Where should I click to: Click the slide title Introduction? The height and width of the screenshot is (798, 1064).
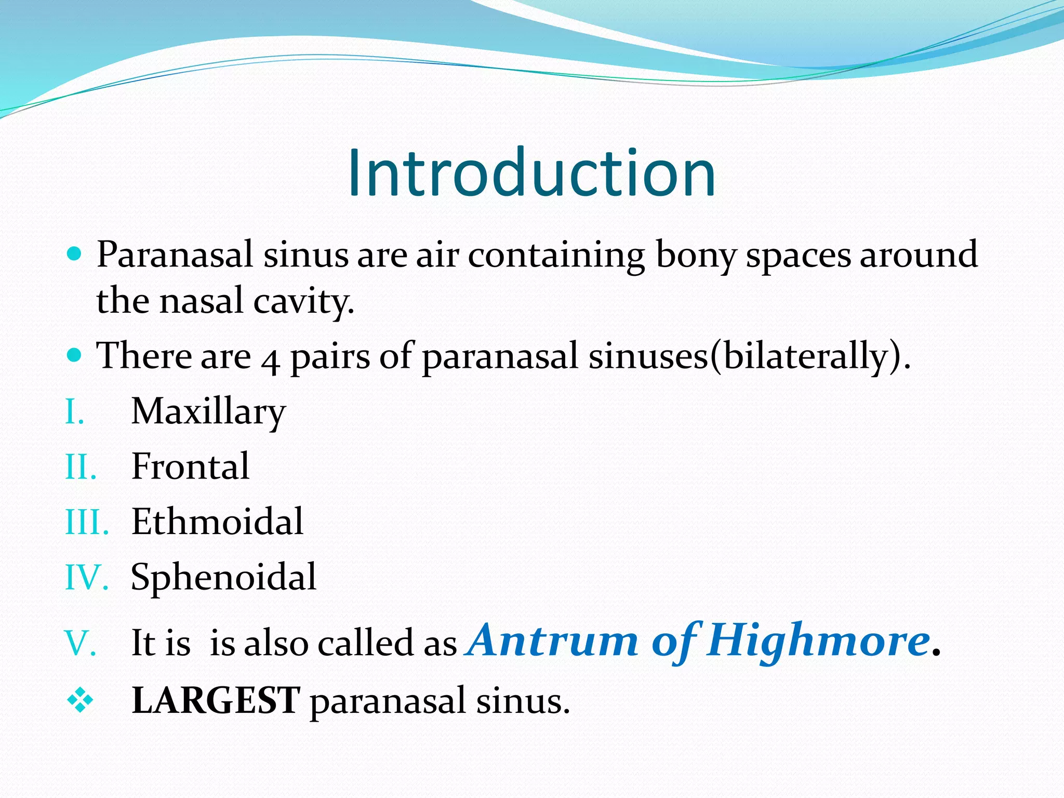(531, 172)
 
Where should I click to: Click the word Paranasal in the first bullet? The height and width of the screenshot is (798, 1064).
(175, 255)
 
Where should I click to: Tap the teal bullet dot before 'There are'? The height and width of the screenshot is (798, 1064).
(75, 355)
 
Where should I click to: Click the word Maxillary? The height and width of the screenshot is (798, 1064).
(208, 412)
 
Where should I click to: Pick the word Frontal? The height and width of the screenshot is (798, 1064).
(190, 466)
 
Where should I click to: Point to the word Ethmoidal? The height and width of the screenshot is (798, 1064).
(217, 521)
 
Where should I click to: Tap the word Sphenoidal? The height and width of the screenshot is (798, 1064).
(223, 577)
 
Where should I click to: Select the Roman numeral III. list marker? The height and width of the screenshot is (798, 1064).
(87, 522)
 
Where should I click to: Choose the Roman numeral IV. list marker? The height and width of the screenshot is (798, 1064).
(86, 578)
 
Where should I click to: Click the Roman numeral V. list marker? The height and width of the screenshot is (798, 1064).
(81, 644)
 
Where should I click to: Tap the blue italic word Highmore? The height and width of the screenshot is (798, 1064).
(818, 640)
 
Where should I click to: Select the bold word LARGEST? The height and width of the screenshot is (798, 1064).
(216, 700)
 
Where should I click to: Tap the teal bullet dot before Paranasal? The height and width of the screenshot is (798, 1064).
(75, 254)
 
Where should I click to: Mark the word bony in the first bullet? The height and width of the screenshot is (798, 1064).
(696, 255)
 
